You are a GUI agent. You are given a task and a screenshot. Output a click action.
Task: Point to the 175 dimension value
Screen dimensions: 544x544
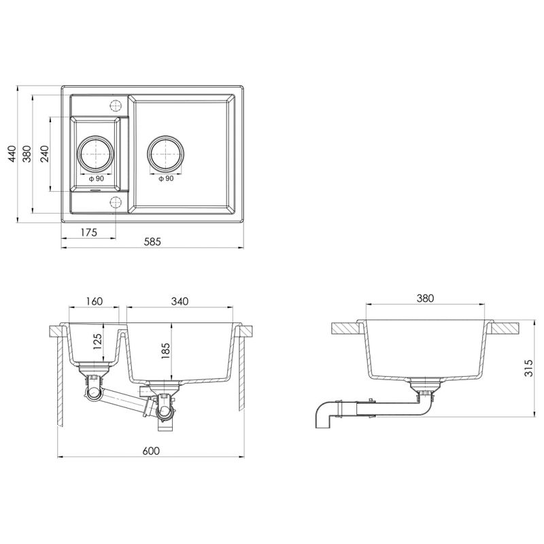pyautogui.click(x=88, y=232)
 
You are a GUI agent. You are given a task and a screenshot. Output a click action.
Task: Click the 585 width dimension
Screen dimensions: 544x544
pyautogui.click(x=152, y=242)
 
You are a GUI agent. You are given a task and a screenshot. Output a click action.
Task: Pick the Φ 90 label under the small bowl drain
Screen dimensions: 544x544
pyautogui.click(x=96, y=179)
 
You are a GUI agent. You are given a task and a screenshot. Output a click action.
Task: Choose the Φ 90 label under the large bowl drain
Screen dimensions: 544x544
pyautogui.click(x=165, y=179)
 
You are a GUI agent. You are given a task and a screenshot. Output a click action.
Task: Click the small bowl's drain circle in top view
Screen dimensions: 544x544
pyautogui.click(x=96, y=154)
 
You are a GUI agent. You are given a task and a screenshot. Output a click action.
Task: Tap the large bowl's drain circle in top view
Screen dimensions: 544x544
pyautogui.click(x=165, y=154)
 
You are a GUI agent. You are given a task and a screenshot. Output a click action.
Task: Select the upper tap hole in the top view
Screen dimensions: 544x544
pyautogui.click(x=115, y=105)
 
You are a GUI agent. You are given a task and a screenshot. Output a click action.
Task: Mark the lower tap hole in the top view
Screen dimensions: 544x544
pyautogui.click(x=115, y=202)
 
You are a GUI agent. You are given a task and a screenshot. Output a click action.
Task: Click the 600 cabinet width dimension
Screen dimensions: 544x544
pyautogui.click(x=151, y=451)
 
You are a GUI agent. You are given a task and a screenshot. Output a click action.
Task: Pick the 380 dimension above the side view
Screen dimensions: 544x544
pyautogui.click(x=425, y=298)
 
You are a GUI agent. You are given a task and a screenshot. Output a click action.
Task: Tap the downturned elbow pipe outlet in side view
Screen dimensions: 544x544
pyautogui.click(x=322, y=418)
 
